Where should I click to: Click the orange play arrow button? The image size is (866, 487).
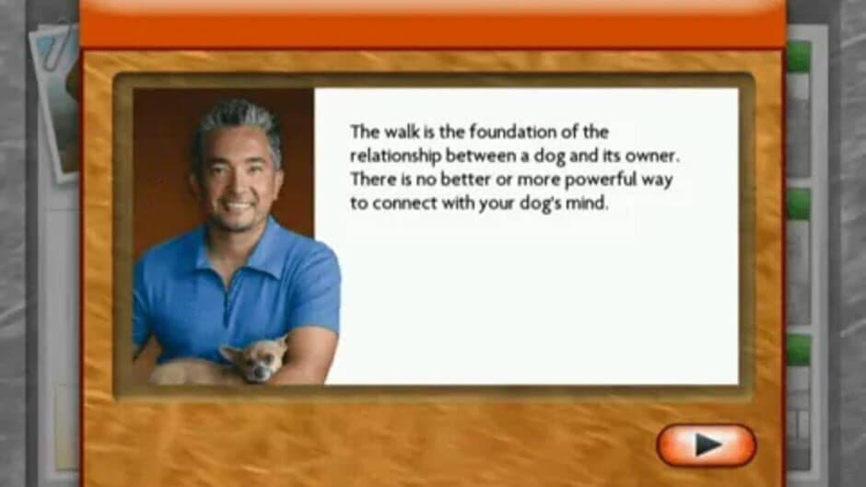[706, 446]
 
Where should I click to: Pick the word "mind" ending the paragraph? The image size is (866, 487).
[589, 203]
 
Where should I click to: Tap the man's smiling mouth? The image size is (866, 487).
[238, 206]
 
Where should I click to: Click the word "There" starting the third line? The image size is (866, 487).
[369, 180]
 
